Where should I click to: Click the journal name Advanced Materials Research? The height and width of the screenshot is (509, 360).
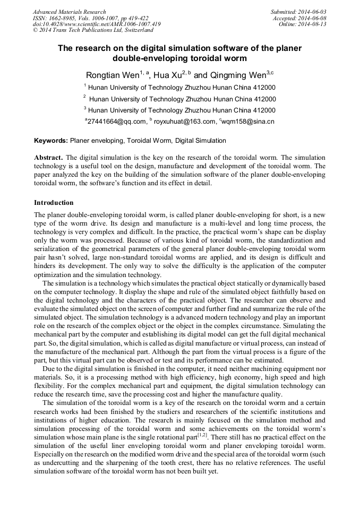[x=70, y=12]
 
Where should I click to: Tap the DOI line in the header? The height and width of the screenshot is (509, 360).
[x=97, y=24]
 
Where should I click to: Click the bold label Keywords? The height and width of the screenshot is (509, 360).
[x=51, y=141]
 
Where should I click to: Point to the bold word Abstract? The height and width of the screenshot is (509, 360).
[x=49, y=158]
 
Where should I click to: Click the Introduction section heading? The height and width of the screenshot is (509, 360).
[x=54, y=203]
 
